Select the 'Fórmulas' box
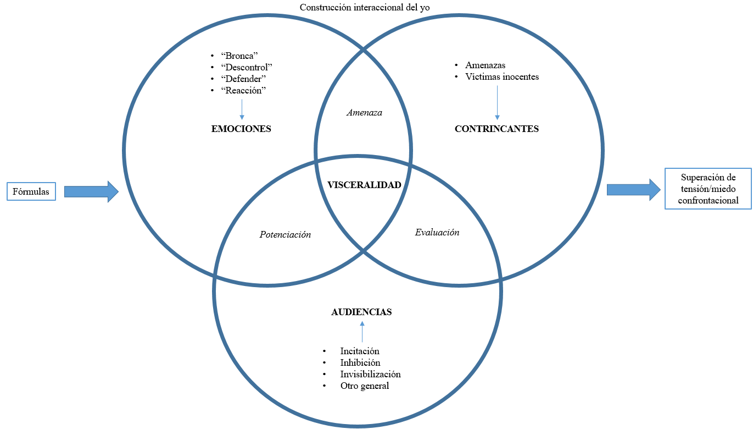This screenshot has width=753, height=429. coord(31,191)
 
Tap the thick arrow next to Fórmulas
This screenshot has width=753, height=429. coord(91,191)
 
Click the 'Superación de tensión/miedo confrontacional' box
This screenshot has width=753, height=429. coord(708,189)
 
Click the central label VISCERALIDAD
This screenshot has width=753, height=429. coord(364,185)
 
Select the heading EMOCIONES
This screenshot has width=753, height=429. coord(241,129)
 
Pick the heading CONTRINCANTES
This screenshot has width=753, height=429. coord(497,129)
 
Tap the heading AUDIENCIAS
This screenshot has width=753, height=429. coord(361,312)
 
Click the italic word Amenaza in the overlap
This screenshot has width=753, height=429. coord(364,113)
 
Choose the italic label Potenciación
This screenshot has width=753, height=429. coord(285,235)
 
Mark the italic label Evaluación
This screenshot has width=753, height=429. coord(437,233)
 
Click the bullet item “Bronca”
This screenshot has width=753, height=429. coord(239,56)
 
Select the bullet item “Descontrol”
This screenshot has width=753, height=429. coord(246,67)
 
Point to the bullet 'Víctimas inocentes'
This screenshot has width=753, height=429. coord(502,77)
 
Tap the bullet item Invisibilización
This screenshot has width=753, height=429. coord(370,375)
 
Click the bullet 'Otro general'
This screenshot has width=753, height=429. coord(364,386)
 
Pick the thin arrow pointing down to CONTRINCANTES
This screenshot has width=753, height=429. coord(497,101)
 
